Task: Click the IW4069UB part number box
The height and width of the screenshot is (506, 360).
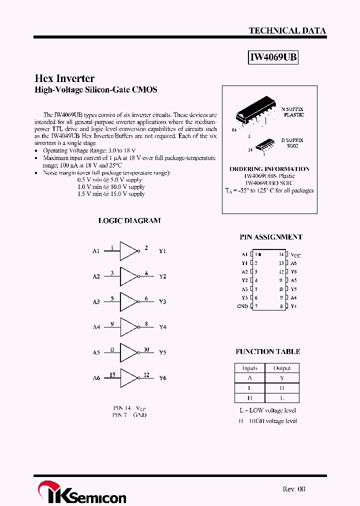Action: [x=273, y=57]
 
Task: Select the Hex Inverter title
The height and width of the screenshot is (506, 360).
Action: [x=64, y=78]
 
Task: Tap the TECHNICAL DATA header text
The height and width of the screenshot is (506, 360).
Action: [x=287, y=30]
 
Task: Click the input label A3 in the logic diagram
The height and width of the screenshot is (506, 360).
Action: [x=96, y=302]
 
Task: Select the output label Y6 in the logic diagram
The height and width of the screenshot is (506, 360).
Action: [x=162, y=378]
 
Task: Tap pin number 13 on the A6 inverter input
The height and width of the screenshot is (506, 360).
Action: [x=112, y=374]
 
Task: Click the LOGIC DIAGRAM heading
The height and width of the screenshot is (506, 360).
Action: [x=129, y=220]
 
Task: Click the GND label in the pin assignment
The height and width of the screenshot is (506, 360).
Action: [x=242, y=306]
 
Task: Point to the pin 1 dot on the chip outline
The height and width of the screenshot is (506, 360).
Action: [x=260, y=254]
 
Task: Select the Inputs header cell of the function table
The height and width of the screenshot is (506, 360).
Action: [x=249, y=368]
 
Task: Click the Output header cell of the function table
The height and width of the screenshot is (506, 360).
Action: [x=282, y=368]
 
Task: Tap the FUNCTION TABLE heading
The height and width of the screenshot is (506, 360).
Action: [x=268, y=351]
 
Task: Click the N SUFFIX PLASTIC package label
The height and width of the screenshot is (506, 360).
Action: [x=292, y=111]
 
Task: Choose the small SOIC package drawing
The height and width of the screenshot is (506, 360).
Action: [x=263, y=145]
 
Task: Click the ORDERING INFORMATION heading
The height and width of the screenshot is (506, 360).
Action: [x=269, y=169]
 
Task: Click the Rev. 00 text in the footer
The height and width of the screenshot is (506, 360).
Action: [x=293, y=489]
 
